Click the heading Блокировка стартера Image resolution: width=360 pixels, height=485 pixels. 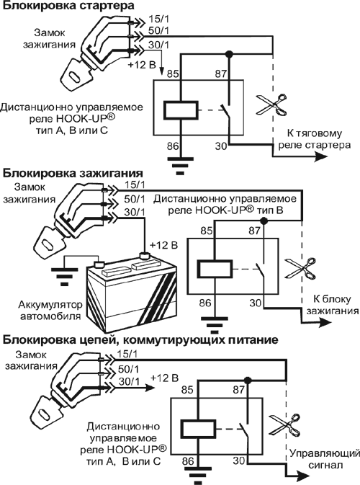click(x=68, y=6)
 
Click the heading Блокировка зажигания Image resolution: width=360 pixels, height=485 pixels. click(x=73, y=173)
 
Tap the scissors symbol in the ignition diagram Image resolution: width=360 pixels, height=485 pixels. click(x=301, y=268)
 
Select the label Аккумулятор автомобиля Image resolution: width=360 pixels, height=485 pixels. click(x=50, y=310)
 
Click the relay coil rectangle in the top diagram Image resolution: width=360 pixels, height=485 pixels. click(x=181, y=110)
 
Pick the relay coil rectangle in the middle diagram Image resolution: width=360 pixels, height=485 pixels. click(x=215, y=269)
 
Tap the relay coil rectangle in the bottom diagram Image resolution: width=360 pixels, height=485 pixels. click(x=197, y=430)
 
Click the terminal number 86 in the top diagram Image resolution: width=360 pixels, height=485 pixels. click(x=173, y=146)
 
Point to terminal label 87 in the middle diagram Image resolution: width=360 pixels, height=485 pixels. click(x=254, y=231)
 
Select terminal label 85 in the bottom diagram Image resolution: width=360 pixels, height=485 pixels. click(x=187, y=390)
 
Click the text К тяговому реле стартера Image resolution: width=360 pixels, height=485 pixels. click(x=314, y=139)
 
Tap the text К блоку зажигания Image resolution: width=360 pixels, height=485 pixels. click(x=332, y=305)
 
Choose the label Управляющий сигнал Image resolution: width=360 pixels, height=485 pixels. click(x=325, y=459)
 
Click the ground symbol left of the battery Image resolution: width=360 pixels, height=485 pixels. click(x=64, y=276)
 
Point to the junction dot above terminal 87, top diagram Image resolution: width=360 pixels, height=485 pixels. click(x=229, y=54)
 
